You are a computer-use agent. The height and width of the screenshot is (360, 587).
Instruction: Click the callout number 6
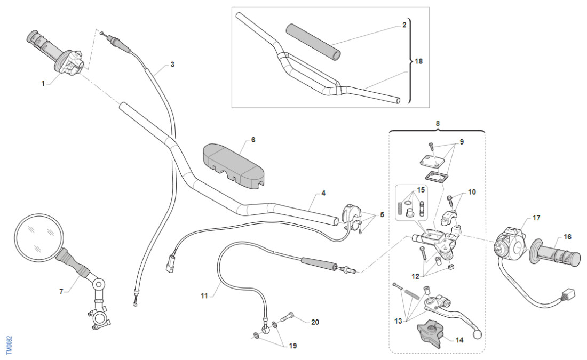[x=253, y=140]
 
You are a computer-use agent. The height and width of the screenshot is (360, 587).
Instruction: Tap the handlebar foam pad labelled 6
[x=233, y=164]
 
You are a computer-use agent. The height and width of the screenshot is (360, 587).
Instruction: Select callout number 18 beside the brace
[x=419, y=61]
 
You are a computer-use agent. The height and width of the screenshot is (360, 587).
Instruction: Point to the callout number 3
[x=172, y=65]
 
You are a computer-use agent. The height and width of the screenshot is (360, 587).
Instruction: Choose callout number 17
[x=536, y=218]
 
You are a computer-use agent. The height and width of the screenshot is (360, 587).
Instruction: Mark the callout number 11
[x=203, y=295]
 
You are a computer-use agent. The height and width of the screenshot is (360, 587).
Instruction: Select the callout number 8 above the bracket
[x=438, y=124]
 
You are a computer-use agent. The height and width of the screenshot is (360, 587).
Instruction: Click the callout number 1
[x=43, y=83]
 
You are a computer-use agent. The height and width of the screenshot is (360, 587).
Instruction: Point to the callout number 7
[x=61, y=291]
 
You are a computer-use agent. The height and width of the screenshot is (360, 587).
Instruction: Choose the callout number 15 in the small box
[x=421, y=190]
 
